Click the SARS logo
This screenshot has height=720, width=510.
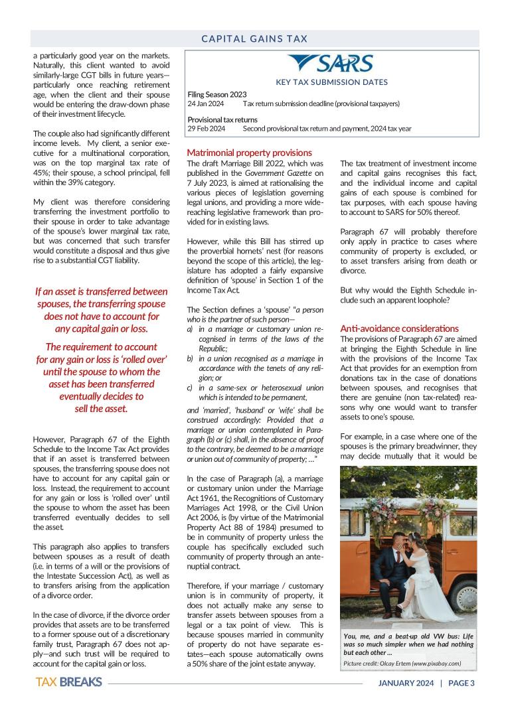tap(331, 64)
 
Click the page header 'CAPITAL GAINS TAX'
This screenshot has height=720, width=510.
tap(255, 39)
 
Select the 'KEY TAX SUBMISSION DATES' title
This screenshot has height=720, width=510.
tap(332, 83)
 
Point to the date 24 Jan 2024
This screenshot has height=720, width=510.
tap(205, 104)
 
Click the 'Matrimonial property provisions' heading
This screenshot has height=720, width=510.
tap(249, 153)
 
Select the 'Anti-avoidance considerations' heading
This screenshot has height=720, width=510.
tap(399, 328)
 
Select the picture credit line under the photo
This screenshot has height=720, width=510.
tap(402, 664)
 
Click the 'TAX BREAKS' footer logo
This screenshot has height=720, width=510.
tap(68, 682)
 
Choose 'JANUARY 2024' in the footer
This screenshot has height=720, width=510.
tap(406, 683)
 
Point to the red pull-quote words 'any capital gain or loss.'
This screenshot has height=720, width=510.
tap(101, 328)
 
